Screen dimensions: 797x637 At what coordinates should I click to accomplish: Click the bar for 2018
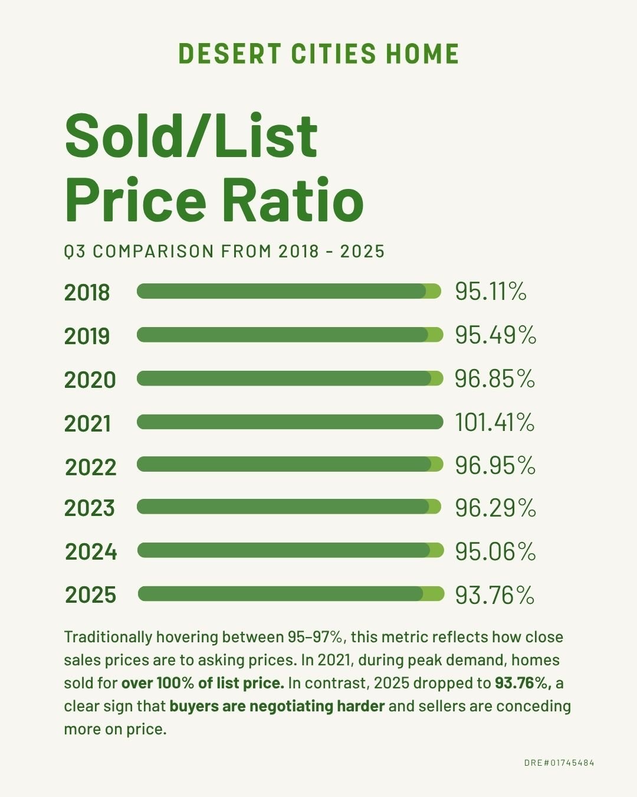pos(289,291)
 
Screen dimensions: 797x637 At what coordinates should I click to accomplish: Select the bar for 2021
pos(290,422)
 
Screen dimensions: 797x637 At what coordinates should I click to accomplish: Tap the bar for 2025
pos(291,594)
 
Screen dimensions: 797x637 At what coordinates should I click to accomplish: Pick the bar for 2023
pos(289,507)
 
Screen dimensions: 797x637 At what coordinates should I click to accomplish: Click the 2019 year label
pos(87,337)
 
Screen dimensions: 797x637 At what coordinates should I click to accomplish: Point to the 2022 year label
pos(91,467)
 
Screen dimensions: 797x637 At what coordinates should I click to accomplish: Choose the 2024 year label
pos(91,552)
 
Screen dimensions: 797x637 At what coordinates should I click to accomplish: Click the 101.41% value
pos(494,423)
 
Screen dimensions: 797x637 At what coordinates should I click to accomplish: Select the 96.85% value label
pos(494,379)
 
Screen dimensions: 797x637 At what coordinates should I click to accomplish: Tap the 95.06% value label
pos(495,552)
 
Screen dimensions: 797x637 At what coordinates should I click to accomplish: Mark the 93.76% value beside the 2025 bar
pos(494,595)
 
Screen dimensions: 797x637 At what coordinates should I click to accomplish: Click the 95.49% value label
pos(495,335)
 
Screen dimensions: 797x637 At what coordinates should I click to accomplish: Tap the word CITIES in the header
pos(333,54)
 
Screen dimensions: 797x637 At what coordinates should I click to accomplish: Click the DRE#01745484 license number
pos(559,763)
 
